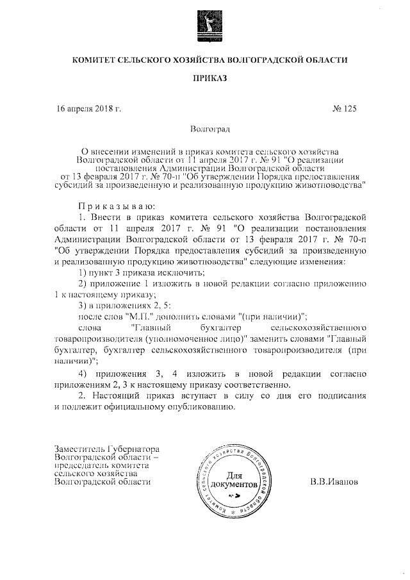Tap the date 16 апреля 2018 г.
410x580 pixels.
[90, 109]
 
